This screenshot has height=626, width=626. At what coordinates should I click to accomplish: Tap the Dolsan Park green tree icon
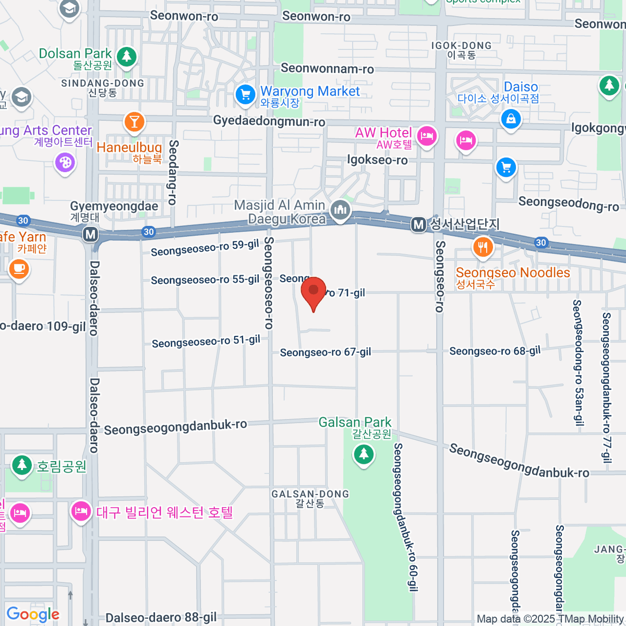coord(126,56)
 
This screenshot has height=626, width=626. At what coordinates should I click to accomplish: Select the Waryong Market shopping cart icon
coord(245,94)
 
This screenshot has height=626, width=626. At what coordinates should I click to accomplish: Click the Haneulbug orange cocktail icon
coord(134,122)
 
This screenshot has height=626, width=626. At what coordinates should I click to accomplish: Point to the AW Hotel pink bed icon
coord(427,136)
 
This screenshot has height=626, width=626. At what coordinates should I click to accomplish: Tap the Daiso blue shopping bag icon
coord(511,119)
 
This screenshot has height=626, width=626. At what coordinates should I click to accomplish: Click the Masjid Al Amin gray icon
coord(341,210)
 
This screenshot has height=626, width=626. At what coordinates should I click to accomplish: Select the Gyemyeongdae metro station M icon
coord(91,234)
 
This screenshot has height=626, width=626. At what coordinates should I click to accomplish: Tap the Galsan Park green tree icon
coord(364,454)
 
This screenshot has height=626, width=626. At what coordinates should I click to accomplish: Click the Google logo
coord(33,614)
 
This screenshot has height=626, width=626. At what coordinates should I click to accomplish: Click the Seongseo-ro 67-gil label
coord(326,352)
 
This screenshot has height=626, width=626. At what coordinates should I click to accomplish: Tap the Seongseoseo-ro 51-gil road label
coord(206,342)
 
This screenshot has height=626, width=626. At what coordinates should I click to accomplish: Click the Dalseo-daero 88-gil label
coord(161,618)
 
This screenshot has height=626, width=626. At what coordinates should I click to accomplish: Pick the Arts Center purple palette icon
coord(65,162)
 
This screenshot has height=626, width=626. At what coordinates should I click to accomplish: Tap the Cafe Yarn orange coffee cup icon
coord(19,269)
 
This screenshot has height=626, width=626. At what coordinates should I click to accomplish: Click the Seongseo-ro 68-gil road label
coord(495,351)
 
